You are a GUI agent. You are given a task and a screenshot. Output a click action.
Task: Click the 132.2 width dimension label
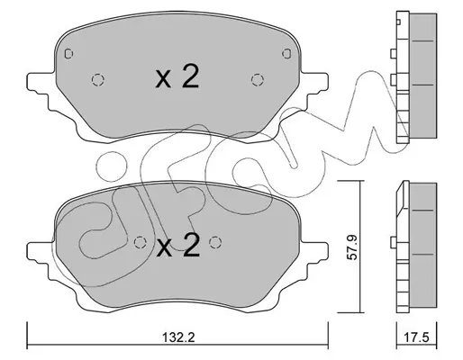coord(178,337)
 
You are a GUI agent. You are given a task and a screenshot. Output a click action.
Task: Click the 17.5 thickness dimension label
coord(416,337)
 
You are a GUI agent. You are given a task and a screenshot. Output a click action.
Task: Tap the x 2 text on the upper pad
coord(177,76)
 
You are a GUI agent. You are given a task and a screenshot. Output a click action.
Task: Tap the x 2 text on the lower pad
coord(177,246)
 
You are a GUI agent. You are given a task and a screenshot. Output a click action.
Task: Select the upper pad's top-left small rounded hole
coord(68,53)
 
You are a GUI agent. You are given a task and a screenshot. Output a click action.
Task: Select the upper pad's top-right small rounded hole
coord(286,53)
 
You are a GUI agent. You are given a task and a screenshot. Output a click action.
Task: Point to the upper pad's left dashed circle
coord(98,80)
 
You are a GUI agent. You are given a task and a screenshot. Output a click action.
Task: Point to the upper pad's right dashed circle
coord(258,80)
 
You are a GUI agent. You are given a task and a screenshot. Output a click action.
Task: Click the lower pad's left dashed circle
coord(140,242)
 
